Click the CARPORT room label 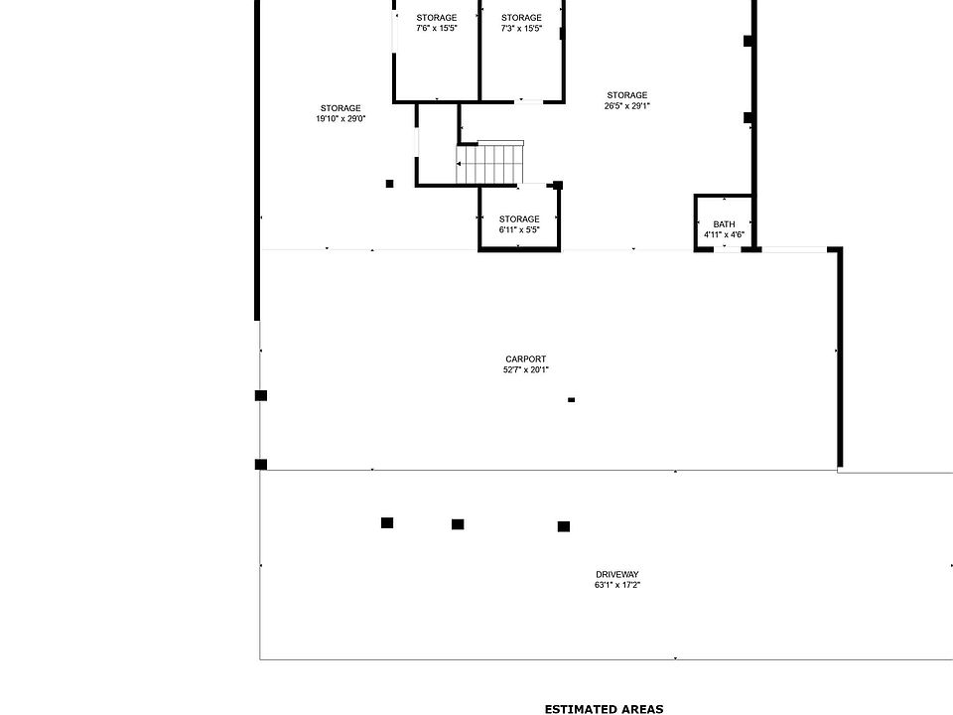pos(525,359)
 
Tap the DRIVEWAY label pos(616,574)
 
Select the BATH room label pos(724,224)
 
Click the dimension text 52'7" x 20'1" pos(525,370)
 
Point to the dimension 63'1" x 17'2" pos(616,585)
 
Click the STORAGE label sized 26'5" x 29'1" pos(627,95)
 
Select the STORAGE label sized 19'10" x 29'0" pos(340,108)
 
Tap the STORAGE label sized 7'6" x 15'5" pos(437,18)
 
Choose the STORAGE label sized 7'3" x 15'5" pos(521,18)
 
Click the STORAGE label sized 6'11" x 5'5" pos(519,219)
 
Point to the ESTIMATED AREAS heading pos(604,709)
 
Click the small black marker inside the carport pos(571,400)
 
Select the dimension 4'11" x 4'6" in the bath pos(724,235)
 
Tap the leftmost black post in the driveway pos(387,523)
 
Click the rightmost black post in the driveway pos(564,526)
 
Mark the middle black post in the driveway pos(458,524)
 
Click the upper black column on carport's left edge pos(261,395)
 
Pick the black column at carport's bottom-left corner pos(261,465)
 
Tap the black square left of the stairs pos(389,184)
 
